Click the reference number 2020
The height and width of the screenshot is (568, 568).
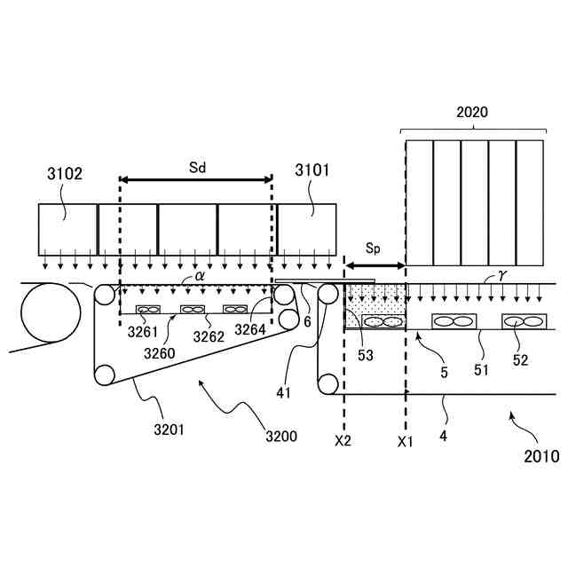click(x=472, y=113)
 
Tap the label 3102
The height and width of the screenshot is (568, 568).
click(x=65, y=174)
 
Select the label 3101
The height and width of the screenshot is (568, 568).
click(x=312, y=169)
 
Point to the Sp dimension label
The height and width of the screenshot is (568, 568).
click(x=373, y=249)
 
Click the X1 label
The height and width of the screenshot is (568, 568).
click(x=406, y=440)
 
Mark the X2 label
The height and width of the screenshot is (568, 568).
click(x=343, y=440)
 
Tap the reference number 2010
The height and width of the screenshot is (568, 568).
click(x=541, y=457)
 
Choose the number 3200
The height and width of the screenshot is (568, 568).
click(x=280, y=436)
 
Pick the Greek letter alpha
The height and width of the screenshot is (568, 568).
click(x=200, y=276)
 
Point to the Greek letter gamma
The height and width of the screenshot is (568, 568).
click(x=501, y=276)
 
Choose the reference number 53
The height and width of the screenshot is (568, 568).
click(x=366, y=355)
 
